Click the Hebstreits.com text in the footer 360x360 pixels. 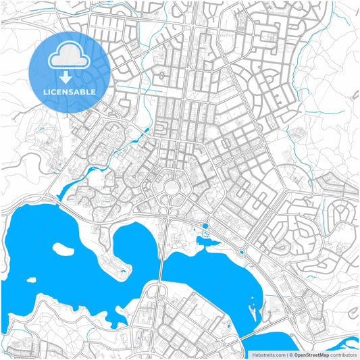(x=268, y=354)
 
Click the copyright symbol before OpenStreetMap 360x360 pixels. (x=289, y=354)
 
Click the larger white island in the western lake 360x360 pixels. (x=63, y=249)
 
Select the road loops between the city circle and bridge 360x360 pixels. (x=167, y=211)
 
